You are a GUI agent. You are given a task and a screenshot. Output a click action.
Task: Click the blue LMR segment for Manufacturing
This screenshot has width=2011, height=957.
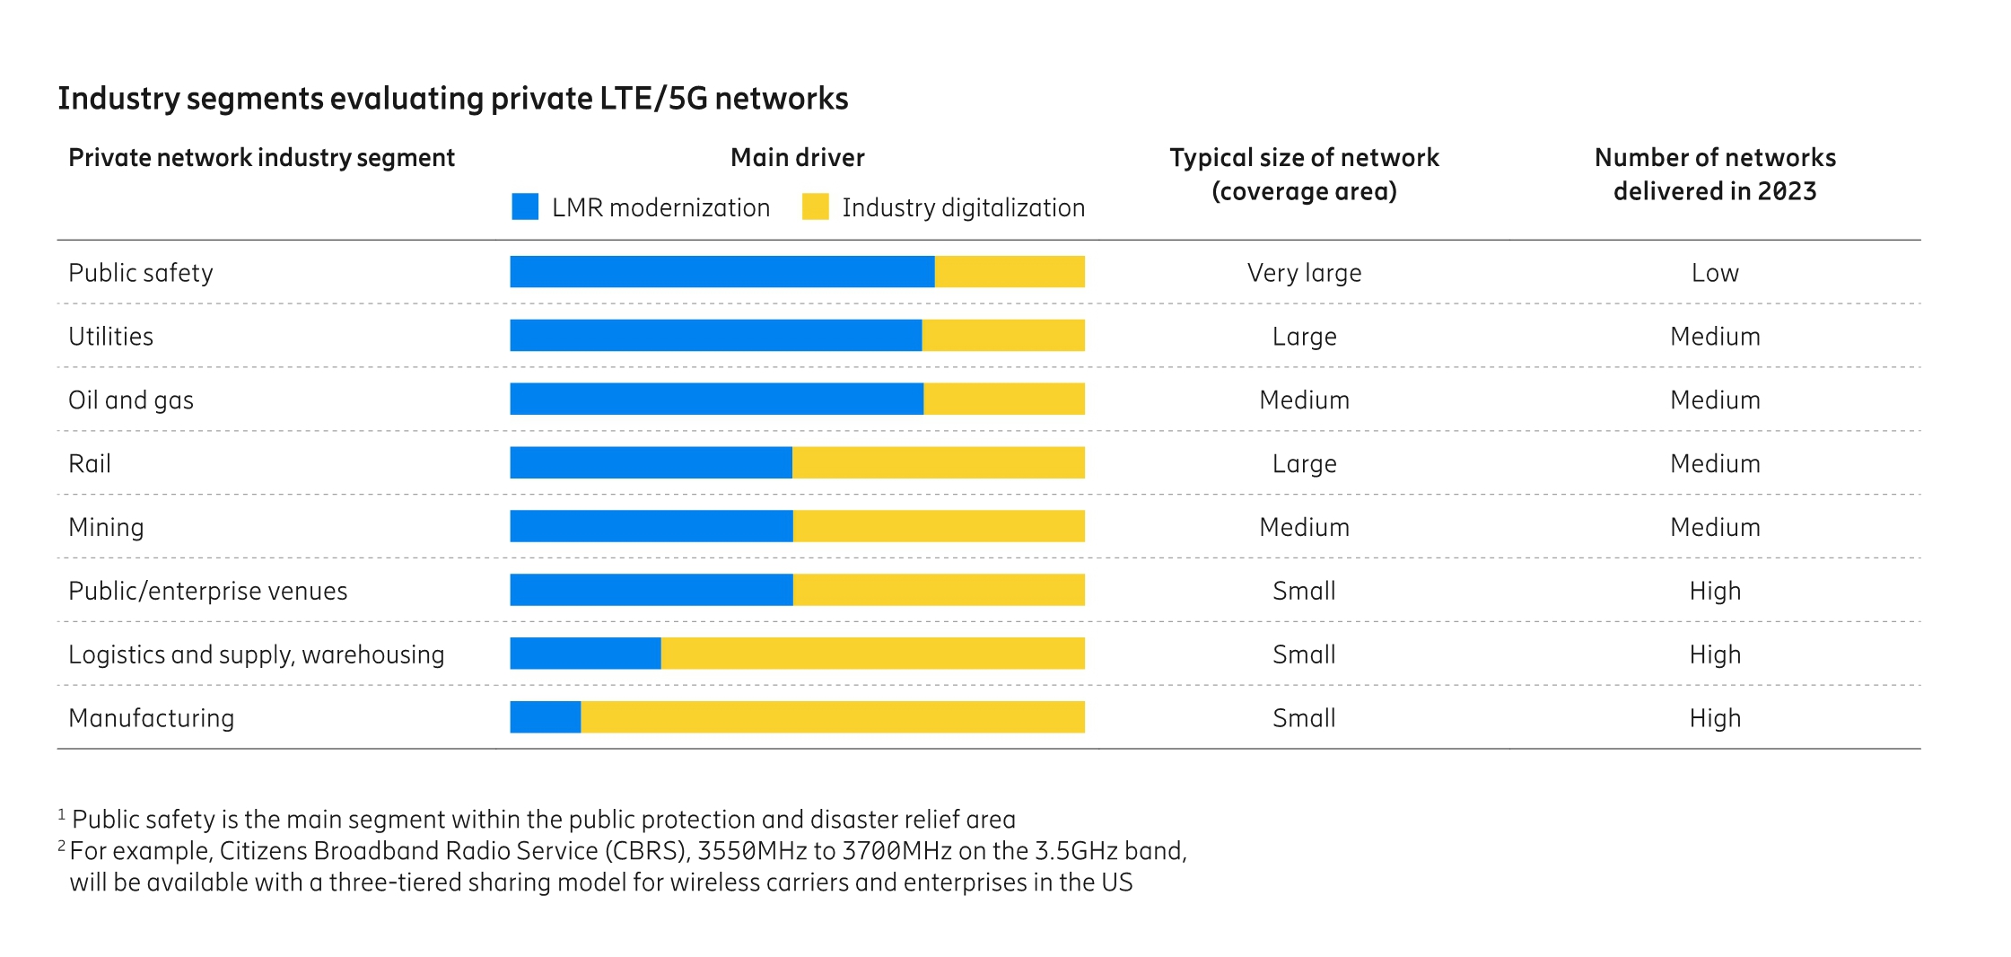(x=545, y=716)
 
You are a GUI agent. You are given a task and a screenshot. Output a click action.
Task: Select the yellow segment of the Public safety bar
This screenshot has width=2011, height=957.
(x=1010, y=271)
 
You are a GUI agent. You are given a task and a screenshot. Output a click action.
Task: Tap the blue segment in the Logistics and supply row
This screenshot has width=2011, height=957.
(x=585, y=653)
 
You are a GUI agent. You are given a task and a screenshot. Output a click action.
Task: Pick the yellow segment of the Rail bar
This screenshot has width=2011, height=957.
(x=938, y=462)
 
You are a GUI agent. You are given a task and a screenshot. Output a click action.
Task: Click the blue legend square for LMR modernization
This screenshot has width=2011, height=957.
(x=525, y=206)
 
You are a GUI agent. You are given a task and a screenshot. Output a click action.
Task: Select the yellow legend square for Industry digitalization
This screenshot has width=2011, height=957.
(x=815, y=206)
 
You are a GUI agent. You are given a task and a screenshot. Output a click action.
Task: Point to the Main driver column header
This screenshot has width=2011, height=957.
(x=797, y=157)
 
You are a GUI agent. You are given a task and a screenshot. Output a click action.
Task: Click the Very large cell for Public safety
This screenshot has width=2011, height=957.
(x=1304, y=272)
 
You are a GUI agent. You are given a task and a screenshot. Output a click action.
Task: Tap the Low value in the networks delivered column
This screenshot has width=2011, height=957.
(x=1714, y=272)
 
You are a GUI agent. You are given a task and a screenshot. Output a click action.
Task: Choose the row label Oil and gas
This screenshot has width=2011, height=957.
(x=131, y=399)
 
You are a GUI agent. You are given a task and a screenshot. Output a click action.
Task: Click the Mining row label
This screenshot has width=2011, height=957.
(x=106, y=527)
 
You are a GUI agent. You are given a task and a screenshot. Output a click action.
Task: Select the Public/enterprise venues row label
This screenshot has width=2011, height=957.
(x=207, y=591)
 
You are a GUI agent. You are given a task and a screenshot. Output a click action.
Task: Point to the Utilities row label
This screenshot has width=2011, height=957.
(x=110, y=336)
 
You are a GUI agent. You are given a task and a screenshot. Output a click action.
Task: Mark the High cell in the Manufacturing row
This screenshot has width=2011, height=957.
(x=1714, y=717)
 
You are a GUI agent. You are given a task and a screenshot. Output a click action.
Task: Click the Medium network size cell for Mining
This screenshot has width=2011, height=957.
(x=1304, y=527)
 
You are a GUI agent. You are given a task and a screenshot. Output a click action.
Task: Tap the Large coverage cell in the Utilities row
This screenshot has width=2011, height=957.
(x=1304, y=336)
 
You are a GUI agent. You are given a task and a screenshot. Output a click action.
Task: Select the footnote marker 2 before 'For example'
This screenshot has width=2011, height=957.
(x=62, y=846)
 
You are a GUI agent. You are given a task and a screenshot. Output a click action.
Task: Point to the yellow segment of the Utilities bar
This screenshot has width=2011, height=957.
(x=1002, y=335)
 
